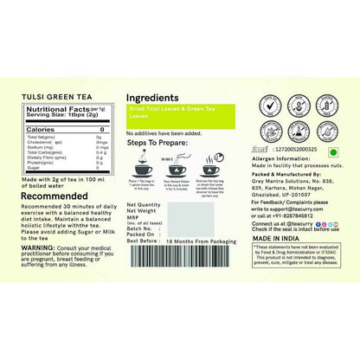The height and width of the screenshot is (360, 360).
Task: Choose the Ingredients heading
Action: tap(153, 99)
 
